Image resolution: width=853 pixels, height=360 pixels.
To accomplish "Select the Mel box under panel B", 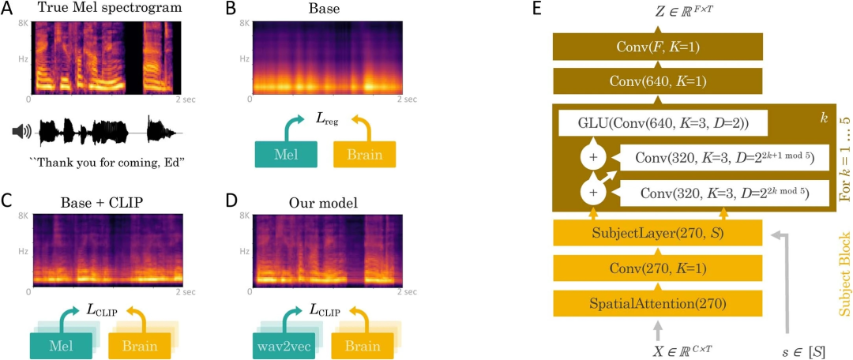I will tap(287, 155).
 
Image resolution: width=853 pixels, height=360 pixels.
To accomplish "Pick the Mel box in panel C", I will tap(60, 346).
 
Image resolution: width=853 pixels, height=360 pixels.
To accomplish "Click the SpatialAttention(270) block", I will tap(658, 302).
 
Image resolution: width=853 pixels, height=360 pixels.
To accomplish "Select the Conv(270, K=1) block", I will tap(658, 268).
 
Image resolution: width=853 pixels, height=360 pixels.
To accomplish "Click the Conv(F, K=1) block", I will tap(658, 47).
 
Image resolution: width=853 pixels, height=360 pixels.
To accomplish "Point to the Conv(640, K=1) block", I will tap(658, 81).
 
